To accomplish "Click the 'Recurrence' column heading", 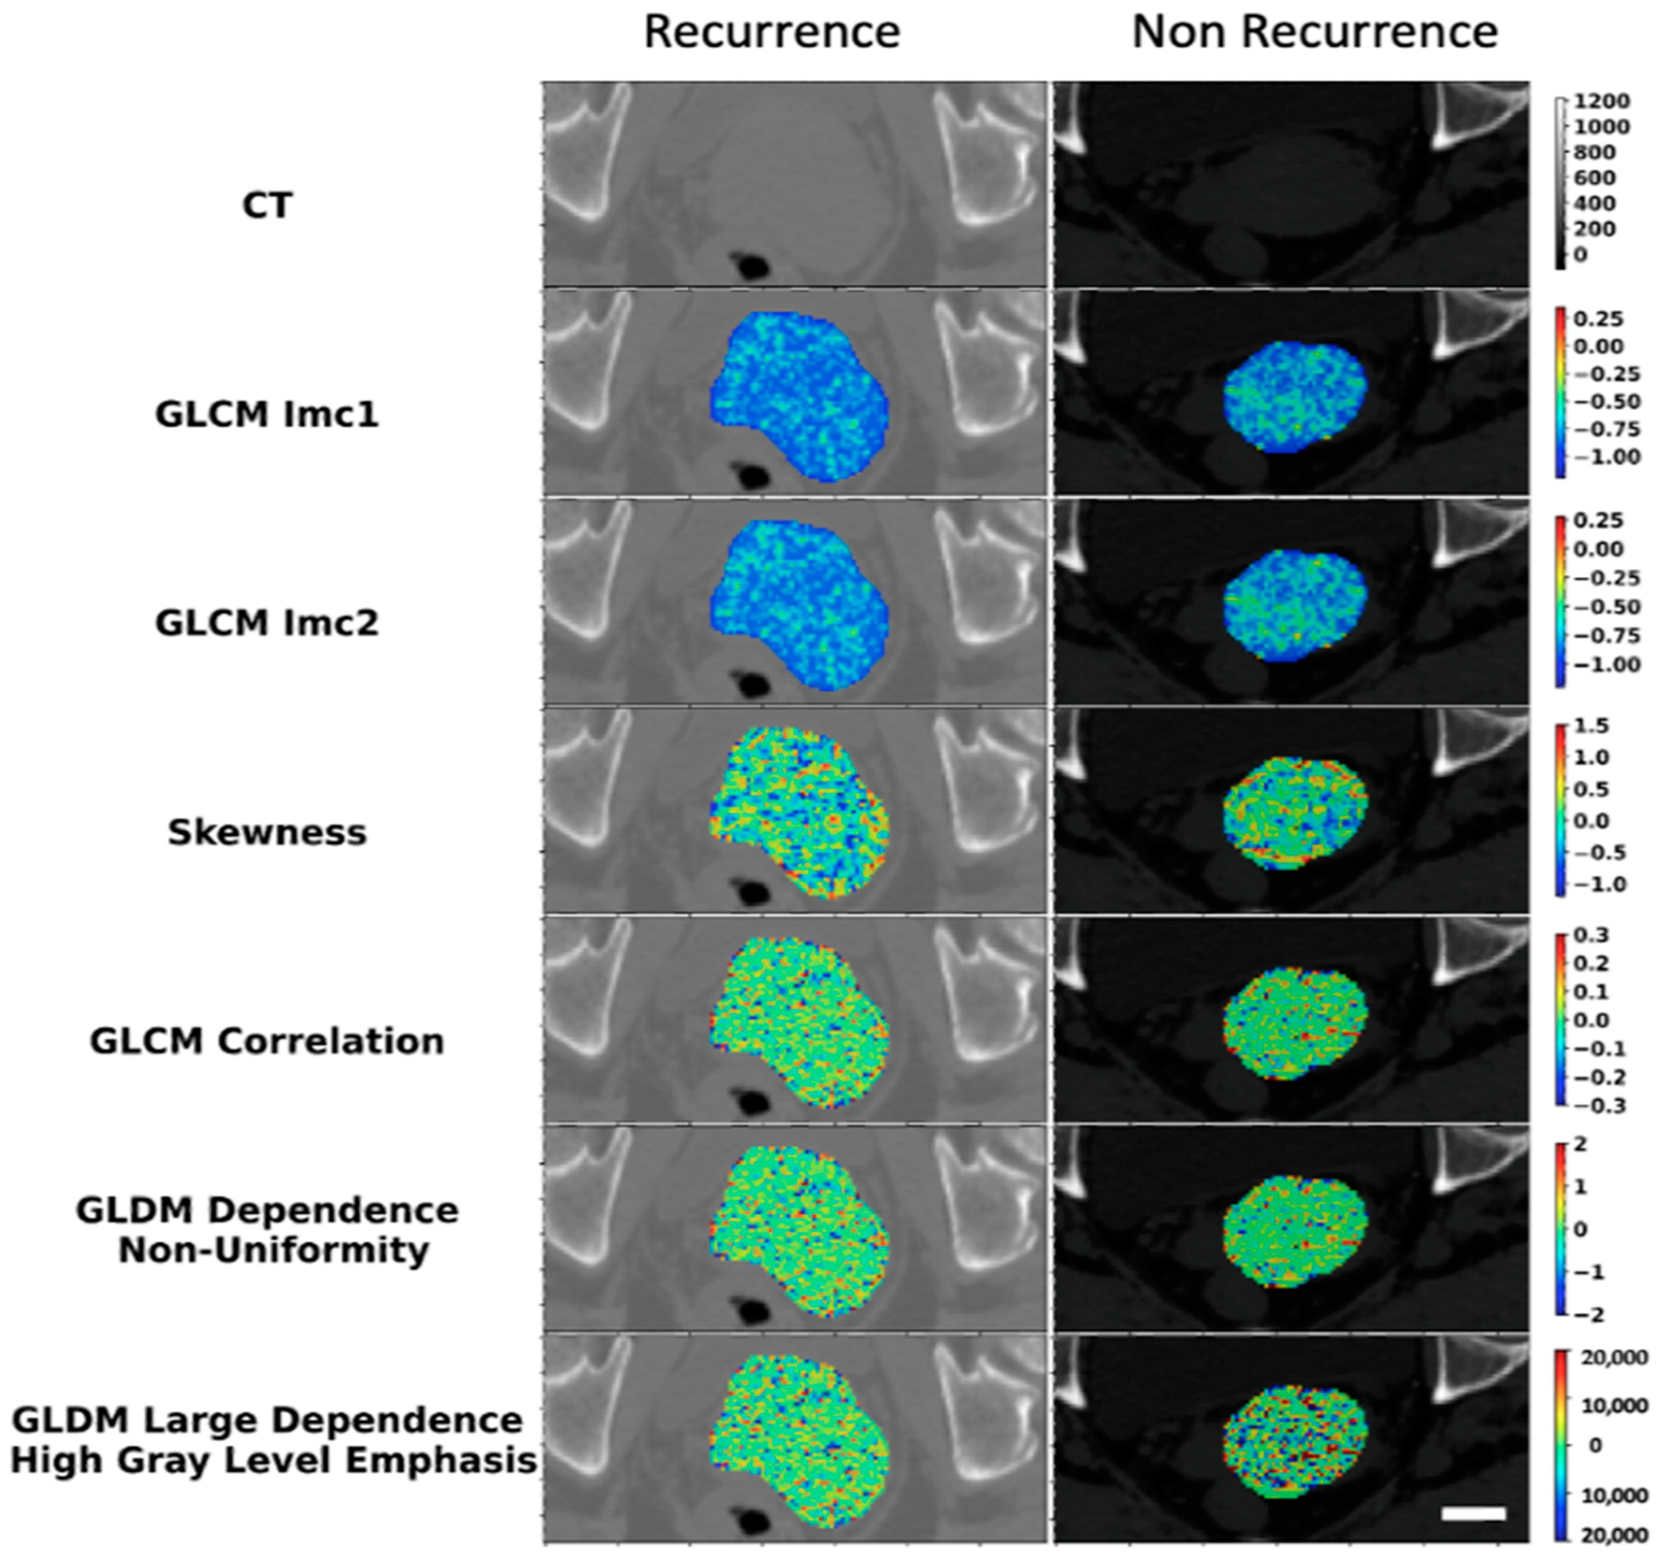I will coord(772,33).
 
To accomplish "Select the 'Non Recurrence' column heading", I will coord(1314,33).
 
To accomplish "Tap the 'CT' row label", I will coord(267,205).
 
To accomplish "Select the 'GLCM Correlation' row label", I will coord(267,1041).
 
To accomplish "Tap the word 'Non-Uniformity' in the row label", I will coord(274,1251).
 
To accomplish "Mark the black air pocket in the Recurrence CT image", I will coord(753,267).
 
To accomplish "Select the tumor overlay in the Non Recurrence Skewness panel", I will coord(1295,814).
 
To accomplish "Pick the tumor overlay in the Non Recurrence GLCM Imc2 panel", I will coord(1295,605).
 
